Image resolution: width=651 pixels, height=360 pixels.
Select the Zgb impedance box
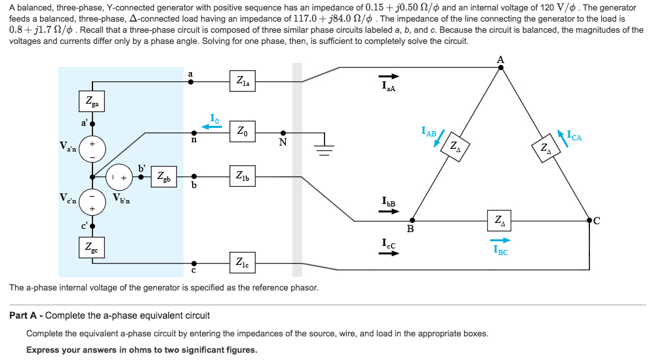[x=163, y=176]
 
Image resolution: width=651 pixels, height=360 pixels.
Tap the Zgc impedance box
[x=91, y=249]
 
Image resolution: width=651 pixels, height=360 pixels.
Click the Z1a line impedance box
[x=243, y=82]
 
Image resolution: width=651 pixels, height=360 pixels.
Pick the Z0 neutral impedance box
[x=243, y=131]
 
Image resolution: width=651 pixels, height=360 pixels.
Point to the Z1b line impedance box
[x=243, y=176]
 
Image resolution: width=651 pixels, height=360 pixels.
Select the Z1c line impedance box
[x=243, y=262]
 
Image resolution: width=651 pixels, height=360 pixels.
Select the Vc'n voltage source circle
[x=92, y=202]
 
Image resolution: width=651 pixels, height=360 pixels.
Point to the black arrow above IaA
[x=388, y=76]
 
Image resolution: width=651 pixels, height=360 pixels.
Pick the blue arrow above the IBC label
[x=500, y=240]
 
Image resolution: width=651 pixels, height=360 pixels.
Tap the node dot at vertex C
[x=589, y=221]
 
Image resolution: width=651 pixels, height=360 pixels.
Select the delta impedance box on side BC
[x=500, y=221]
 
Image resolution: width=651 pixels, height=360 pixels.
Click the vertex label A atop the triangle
[x=501, y=60]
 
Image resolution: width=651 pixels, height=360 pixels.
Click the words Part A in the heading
[x=27, y=315]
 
